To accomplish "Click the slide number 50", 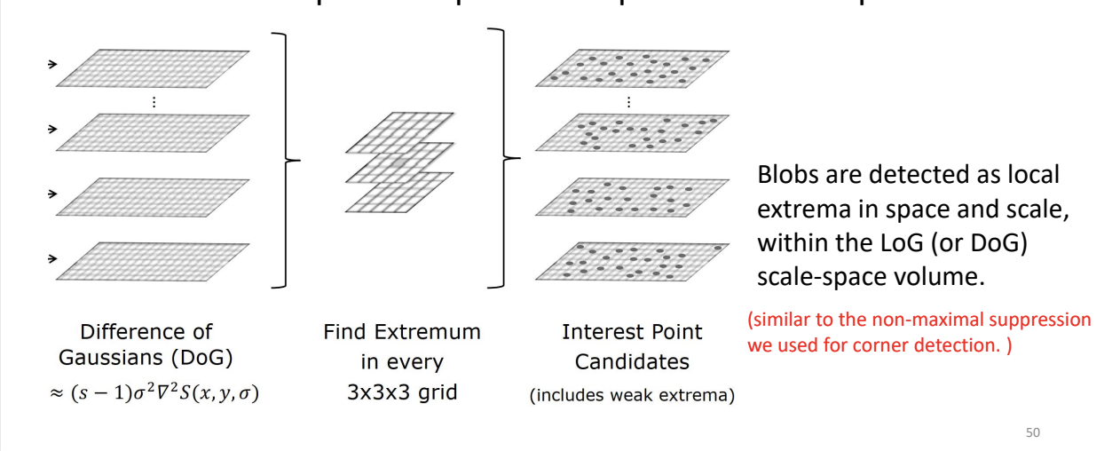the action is [x=1032, y=432].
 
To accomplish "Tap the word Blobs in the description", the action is [x=785, y=175].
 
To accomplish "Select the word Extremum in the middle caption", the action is [x=435, y=332].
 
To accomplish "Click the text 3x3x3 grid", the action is [x=401, y=391].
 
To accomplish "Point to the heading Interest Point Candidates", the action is [x=631, y=346].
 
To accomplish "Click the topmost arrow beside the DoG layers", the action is [x=52, y=64].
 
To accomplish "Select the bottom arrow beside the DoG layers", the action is [x=52, y=259].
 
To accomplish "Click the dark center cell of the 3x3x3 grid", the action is [x=398, y=163].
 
